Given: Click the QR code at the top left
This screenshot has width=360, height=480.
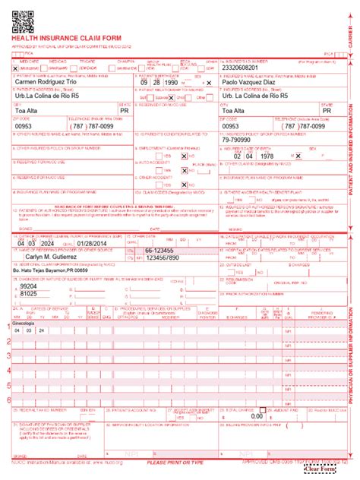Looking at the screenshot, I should click(x=24, y=17).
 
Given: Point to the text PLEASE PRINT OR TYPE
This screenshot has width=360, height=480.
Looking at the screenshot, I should click(x=175, y=462).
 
